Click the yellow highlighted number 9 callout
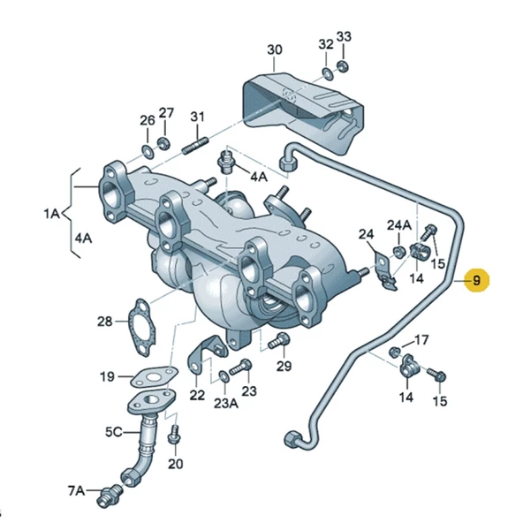point(476,281)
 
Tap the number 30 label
point(274,49)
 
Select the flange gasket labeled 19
point(154,376)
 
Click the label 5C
point(115,432)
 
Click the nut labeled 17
point(394,352)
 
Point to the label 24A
point(399,224)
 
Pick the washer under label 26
point(147,142)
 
